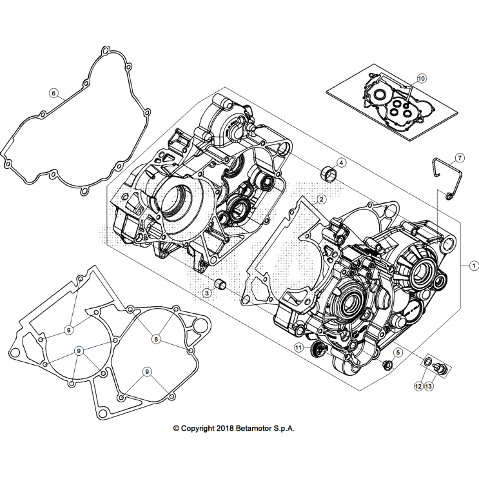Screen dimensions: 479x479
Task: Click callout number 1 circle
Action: (x=473, y=264)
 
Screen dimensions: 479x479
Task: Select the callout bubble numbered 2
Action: (x=320, y=199)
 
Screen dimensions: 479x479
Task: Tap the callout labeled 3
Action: (x=208, y=293)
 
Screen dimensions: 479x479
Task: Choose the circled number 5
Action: (x=398, y=352)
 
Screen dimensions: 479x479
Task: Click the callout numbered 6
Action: (x=54, y=93)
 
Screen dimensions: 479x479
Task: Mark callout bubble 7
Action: (x=460, y=158)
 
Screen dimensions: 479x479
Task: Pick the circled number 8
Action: (x=155, y=338)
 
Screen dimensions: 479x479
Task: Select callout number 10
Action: (x=422, y=79)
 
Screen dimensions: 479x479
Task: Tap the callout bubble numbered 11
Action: (x=298, y=347)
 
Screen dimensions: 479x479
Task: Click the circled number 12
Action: (x=418, y=386)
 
